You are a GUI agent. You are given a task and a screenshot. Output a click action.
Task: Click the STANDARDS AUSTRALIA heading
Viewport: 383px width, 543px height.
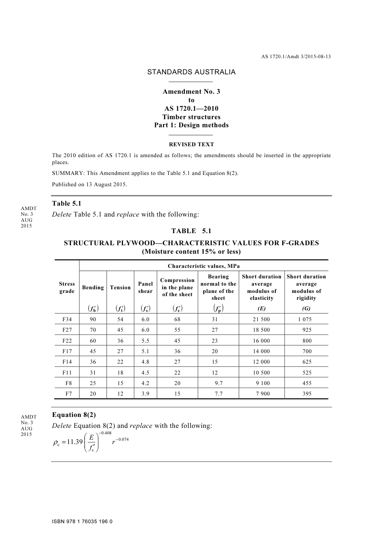[191, 72]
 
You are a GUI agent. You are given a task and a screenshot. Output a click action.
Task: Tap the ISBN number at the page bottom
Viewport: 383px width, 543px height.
[82, 522]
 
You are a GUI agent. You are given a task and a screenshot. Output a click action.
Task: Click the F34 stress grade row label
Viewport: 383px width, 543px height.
[67, 319]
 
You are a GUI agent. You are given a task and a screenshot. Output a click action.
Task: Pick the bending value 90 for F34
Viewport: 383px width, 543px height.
[93, 319]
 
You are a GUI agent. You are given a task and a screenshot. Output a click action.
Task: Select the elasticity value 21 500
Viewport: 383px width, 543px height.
[262, 319]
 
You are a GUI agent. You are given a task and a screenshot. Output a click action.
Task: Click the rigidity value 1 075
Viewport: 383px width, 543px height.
[306, 319]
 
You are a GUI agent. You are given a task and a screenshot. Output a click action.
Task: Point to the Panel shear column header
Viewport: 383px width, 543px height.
[146, 287]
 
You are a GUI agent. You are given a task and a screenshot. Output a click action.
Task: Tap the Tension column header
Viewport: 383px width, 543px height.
[120, 288]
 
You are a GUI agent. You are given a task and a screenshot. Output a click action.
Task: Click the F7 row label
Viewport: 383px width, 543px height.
[69, 394]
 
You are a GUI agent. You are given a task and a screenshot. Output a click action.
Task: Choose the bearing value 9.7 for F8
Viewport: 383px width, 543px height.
[219, 383]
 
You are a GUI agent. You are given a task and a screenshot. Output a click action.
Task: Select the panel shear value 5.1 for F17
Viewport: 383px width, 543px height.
[146, 351]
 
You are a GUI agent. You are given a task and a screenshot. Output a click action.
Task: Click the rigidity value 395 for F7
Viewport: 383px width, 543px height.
[307, 394]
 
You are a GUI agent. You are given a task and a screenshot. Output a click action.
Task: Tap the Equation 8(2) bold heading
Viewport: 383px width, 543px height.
[74, 415]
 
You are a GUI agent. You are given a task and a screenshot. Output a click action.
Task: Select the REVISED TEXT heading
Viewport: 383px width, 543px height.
[191, 144]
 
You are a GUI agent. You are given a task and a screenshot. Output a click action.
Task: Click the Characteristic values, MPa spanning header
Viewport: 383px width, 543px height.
[204, 266]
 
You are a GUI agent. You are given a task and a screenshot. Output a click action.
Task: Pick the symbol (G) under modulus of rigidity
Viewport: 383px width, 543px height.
[306, 309]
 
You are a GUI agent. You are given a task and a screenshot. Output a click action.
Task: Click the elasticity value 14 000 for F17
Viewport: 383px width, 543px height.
[262, 351]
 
